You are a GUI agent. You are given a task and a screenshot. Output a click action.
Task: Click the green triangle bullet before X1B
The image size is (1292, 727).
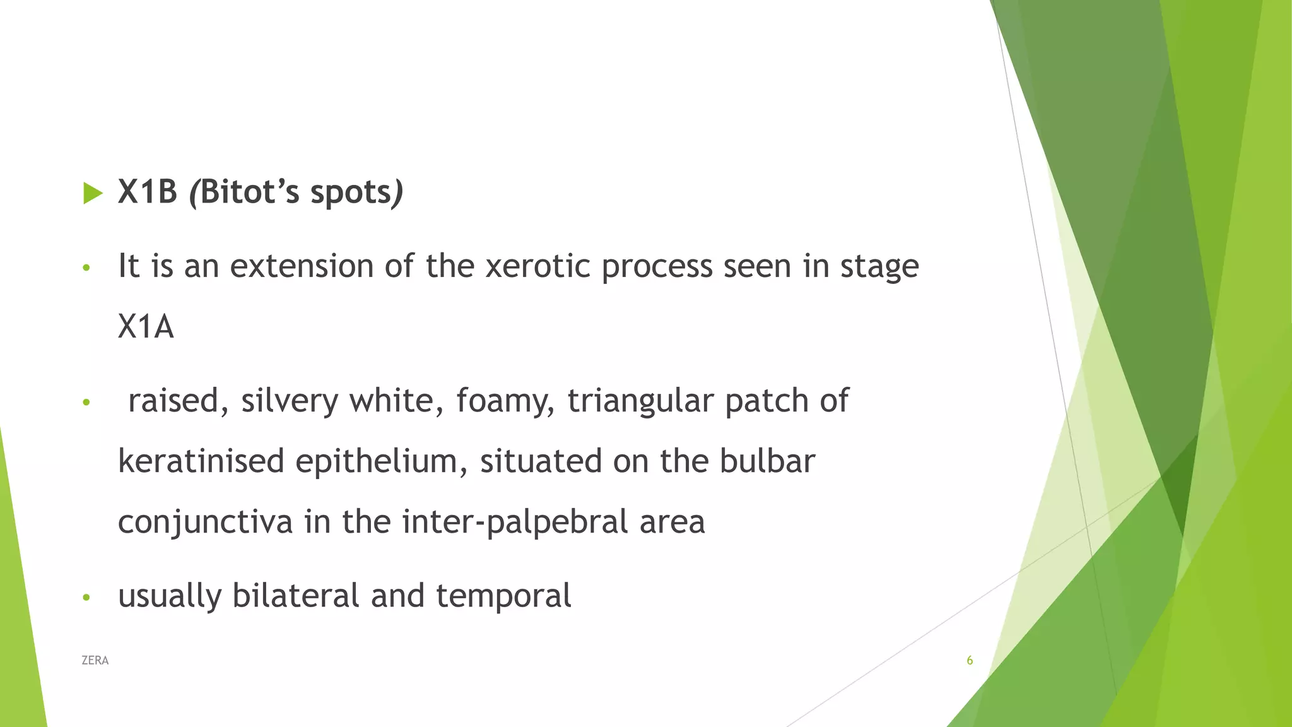click(93, 193)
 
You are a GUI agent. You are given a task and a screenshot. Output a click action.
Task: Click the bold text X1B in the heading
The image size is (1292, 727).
click(148, 192)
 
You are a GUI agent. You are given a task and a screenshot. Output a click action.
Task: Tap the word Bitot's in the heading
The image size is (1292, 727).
click(250, 192)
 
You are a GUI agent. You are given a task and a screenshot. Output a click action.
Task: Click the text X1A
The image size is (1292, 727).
click(146, 327)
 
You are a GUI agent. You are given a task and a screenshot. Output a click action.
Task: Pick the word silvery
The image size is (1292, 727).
click(290, 401)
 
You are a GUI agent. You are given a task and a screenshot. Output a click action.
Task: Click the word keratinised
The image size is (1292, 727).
click(201, 461)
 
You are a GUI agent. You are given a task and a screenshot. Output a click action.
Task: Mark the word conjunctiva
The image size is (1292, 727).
click(206, 522)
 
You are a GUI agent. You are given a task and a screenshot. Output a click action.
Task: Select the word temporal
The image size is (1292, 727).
click(503, 595)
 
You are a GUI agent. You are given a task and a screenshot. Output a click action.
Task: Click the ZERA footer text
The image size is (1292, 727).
click(95, 661)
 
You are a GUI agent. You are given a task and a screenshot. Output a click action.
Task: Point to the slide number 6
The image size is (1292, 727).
click(970, 661)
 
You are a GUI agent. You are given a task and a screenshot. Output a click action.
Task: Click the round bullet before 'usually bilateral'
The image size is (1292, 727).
click(87, 597)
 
